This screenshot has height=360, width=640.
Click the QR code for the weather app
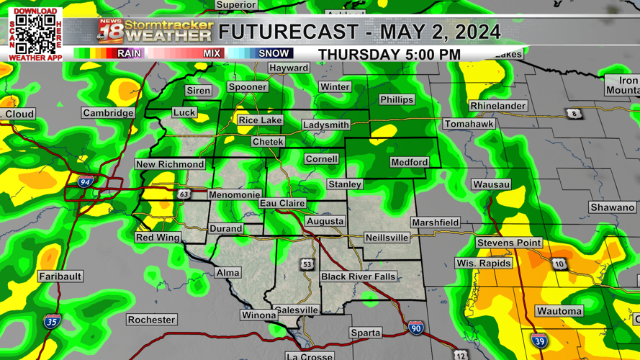(35, 33)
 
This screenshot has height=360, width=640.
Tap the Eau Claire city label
(282, 204)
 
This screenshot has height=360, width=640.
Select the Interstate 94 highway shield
(86, 183)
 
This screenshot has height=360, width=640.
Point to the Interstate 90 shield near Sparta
(415, 328)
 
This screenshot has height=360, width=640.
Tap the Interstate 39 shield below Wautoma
(539, 340)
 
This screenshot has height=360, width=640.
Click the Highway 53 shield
(307, 264)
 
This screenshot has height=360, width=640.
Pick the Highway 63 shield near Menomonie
(184, 194)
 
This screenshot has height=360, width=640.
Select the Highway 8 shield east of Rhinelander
(574, 114)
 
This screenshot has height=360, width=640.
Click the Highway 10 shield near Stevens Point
(559, 264)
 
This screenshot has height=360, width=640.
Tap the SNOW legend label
(274, 53)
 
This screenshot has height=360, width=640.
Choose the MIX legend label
(212, 53)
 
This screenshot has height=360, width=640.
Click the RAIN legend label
(130, 53)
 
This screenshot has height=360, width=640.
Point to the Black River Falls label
(358, 276)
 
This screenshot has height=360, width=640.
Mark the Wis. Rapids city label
(483, 263)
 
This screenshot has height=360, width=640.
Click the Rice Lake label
(260, 120)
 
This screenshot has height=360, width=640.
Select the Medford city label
(409, 162)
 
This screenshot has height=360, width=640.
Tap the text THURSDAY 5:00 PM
(389, 55)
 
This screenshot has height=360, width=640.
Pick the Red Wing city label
(158, 238)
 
